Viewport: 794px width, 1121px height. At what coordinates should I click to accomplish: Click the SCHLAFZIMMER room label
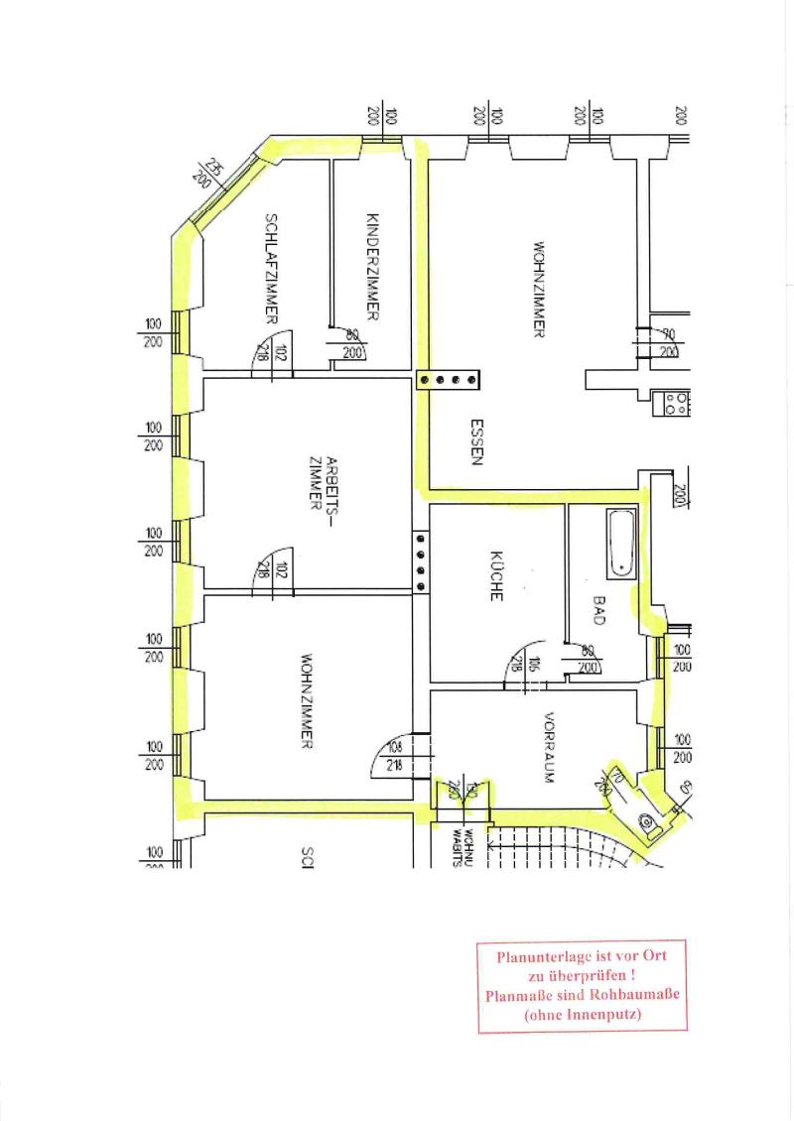[x=270, y=269]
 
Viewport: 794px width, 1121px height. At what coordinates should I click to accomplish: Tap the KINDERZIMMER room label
[x=373, y=267]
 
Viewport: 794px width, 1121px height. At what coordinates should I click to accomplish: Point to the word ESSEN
[x=476, y=441]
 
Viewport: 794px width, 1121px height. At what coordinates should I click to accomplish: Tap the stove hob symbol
[x=676, y=402]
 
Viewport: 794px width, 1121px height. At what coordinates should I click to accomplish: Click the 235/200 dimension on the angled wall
[x=208, y=174]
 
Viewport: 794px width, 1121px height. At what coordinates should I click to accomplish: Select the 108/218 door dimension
[x=393, y=756]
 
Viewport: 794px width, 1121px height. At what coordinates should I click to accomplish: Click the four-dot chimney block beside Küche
[x=421, y=562]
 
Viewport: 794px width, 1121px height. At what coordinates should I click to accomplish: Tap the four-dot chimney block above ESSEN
[x=448, y=379]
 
